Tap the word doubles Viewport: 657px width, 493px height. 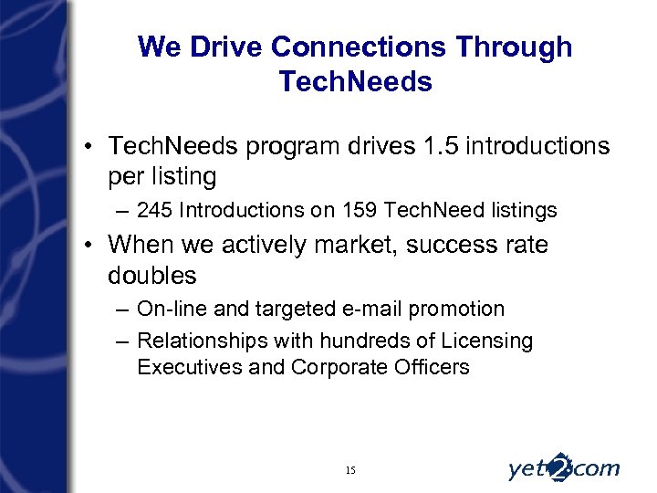coord(152,275)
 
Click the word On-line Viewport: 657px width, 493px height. coord(170,309)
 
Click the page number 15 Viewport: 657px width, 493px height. coord(351,470)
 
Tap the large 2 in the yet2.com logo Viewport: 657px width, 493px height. coord(562,466)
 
